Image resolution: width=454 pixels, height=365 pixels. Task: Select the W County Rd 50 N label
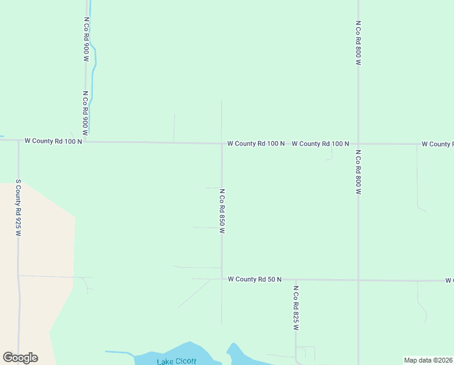tap(255, 279)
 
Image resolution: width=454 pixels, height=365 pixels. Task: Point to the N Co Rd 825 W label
tap(296, 308)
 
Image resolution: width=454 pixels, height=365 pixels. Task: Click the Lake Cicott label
tap(177, 362)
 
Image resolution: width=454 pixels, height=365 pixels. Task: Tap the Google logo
tap(20, 358)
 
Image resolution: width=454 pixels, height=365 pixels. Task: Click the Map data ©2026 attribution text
tap(429, 360)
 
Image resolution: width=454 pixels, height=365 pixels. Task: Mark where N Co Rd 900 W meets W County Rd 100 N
tap(84, 142)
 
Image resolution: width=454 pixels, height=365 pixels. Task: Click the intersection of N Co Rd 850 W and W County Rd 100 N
tap(222, 144)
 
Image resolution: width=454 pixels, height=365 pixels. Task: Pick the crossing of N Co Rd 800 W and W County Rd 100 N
tap(358, 144)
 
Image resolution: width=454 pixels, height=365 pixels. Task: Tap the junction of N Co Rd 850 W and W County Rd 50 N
tap(222, 279)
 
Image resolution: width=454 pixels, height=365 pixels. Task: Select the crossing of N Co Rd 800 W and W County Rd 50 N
tap(358, 280)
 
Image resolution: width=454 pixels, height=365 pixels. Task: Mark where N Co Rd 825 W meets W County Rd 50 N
tap(296, 280)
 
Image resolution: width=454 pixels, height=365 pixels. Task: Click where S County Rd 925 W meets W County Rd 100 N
tap(18, 141)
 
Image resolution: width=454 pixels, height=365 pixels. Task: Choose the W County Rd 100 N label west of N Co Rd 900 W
tap(53, 141)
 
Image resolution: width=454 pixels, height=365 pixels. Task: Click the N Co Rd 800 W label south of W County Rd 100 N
tap(358, 172)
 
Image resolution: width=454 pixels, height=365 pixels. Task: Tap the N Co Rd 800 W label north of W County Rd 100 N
tap(358, 43)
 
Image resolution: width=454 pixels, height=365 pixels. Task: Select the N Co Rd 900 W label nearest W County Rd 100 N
tap(86, 113)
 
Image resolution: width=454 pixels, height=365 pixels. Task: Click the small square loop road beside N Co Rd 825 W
tap(307, 353)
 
